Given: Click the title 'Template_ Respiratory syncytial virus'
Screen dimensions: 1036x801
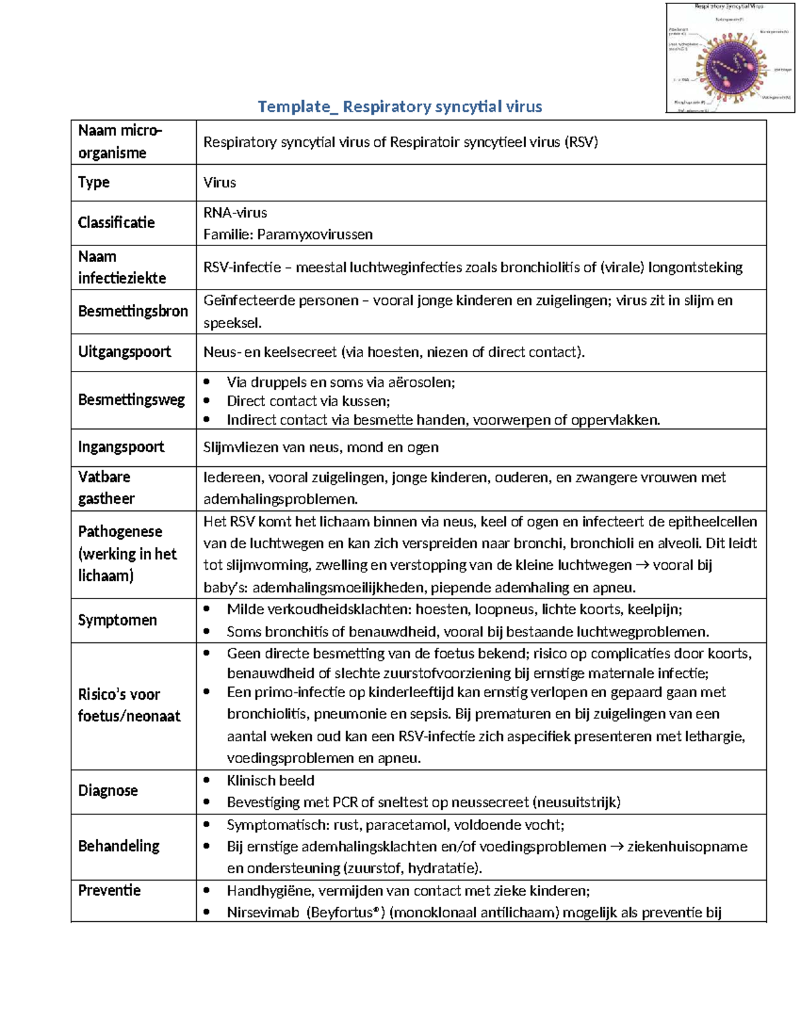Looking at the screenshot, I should (399, 107).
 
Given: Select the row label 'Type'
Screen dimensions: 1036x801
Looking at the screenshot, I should (93, 183).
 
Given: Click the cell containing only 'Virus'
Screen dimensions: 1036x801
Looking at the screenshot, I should (220, 183).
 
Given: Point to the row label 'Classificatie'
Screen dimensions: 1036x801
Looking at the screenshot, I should (116, 223).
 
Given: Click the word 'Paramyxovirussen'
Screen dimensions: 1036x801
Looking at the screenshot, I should (315, 235).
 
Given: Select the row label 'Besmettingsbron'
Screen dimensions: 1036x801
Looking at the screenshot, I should (133, 312).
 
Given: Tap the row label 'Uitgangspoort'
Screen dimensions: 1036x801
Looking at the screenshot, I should (124, 352).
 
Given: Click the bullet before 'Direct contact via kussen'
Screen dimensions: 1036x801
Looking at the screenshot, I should (207, 401).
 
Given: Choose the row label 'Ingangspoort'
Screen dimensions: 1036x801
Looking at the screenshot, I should (121, 448).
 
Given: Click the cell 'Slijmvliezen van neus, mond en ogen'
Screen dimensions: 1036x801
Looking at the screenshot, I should (320, 448).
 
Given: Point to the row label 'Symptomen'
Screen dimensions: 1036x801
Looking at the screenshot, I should (117, 620).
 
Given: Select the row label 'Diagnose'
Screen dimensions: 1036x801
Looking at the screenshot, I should (108, 791).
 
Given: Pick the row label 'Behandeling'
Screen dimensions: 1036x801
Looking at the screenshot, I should (119, 847).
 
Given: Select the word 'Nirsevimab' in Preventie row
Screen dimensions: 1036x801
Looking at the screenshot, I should (263, 913).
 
